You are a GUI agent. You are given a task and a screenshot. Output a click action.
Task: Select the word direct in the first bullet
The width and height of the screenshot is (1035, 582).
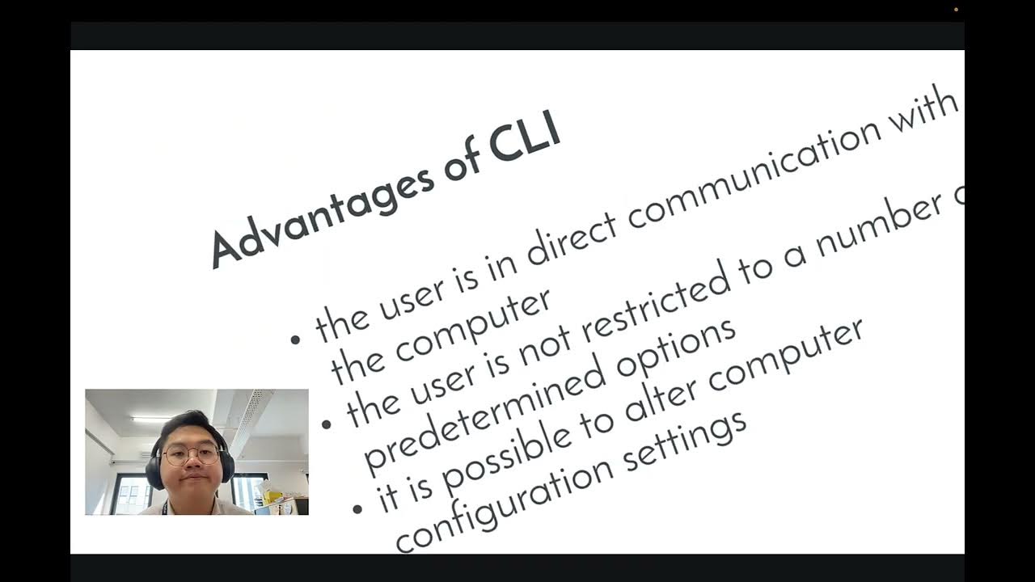click(x=572, y=239)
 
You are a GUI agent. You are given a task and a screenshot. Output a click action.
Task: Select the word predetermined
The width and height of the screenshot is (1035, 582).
click(x=484, y=415)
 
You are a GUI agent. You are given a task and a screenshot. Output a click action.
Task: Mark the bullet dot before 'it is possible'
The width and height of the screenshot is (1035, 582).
click(x=357, y=509)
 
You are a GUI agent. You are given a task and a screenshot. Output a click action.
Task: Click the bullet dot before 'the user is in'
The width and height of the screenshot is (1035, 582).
click(x=295, y=339)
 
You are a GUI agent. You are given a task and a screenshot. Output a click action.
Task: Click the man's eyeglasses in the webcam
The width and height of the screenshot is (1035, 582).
click(x=191, y=455)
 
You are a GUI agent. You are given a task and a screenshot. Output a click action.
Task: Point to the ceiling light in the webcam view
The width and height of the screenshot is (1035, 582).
click(x=150, y=420)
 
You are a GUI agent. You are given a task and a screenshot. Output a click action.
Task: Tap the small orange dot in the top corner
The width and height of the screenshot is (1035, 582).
click(x=956, y=10)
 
